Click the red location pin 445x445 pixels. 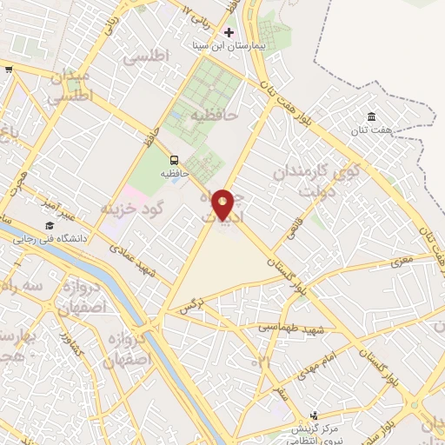coord(223,206)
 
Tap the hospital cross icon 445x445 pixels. coord(229,31)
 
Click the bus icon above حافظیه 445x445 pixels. coord(175,160)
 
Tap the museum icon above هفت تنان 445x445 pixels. coord(372,117)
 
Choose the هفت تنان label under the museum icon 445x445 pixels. coord(374,130)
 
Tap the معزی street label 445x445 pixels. coord(402,258)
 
